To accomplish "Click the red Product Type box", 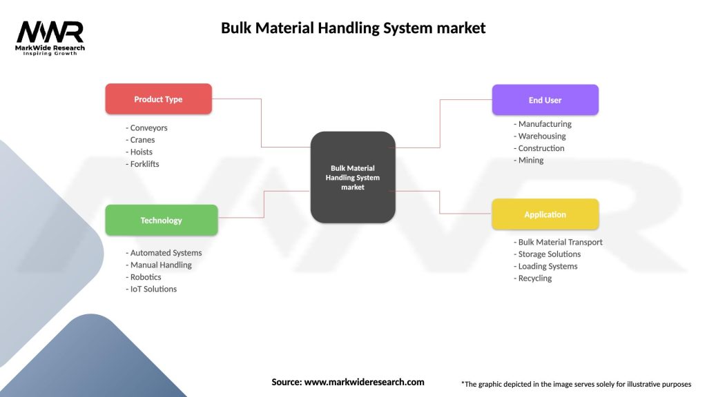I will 158,99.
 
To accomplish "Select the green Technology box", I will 161,221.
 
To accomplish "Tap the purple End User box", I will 545,100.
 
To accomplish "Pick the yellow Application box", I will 545,214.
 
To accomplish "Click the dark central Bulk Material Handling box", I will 353,177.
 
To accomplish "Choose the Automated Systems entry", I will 164,253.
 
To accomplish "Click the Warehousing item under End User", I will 541,136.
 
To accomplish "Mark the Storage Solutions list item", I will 548,254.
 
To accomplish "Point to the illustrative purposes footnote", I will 576,384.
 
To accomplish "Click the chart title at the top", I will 353,28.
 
